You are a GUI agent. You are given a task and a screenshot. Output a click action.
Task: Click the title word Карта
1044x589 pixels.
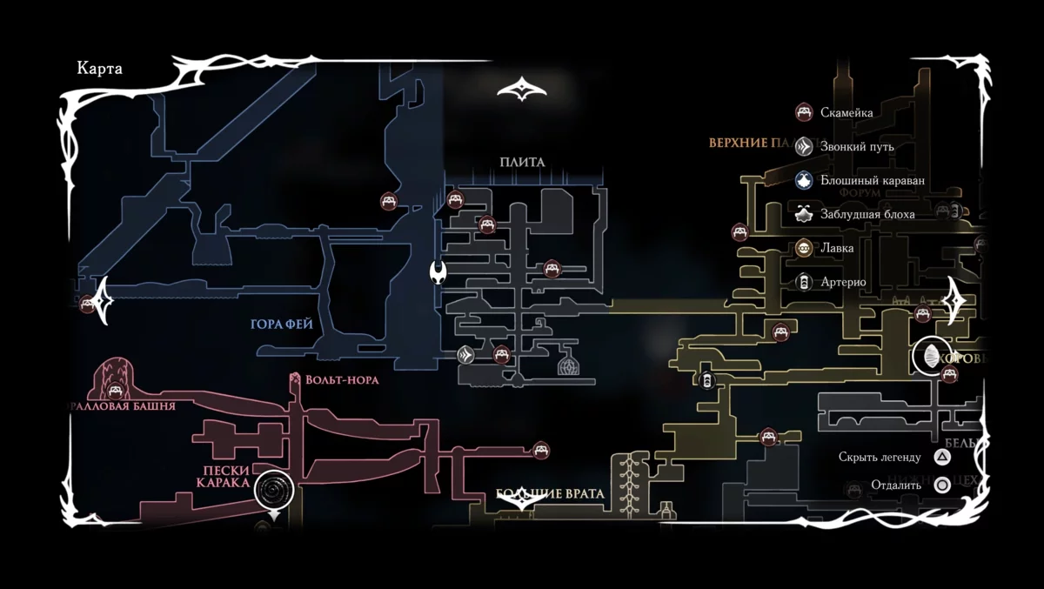[100, 70]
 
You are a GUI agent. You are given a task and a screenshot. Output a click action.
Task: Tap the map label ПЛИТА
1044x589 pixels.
[522, 162]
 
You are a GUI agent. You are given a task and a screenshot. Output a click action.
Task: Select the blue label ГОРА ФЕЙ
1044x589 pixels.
[281, 325]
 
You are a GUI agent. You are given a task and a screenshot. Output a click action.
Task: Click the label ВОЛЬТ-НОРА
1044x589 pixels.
[341, 380]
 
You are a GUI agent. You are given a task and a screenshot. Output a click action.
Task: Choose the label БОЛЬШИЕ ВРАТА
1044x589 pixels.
[550, 493]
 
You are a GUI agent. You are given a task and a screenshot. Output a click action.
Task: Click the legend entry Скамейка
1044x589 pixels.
[847, 112]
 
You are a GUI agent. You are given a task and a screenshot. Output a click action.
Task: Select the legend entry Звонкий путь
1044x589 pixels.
[857, 146]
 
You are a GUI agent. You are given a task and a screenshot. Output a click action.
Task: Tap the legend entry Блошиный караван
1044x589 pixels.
[872, 180]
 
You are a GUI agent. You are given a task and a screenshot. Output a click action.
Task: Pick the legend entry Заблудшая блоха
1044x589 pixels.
[867, 214]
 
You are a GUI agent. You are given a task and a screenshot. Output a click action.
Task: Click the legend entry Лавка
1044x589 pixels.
[837, 248]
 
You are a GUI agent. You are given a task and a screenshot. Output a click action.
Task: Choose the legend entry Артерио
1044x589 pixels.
[843, 282]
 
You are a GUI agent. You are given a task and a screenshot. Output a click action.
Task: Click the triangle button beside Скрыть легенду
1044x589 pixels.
[942, 457]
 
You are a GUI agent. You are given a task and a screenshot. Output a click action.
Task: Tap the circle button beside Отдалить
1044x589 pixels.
[942, 485]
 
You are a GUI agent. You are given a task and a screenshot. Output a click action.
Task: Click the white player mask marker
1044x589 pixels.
[438, 273]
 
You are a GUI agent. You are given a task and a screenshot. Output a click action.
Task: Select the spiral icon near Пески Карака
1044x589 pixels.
[274, 492]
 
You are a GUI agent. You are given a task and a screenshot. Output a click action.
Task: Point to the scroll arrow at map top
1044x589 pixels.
[522, 90]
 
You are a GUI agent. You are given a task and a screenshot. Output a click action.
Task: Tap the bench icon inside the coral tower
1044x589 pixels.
[116, 389]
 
